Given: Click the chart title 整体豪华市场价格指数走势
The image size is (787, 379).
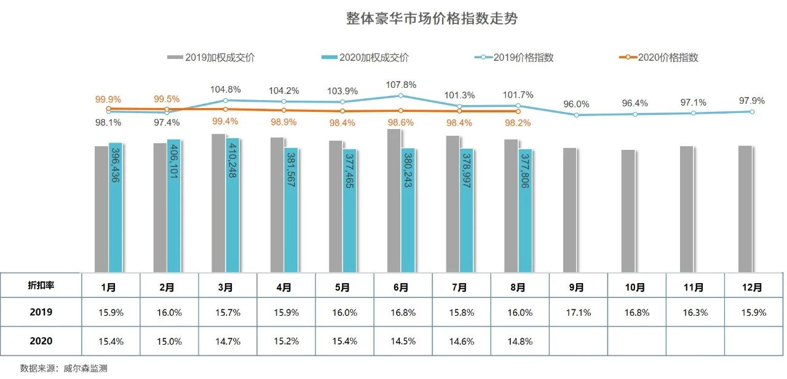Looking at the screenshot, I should coord(432,18).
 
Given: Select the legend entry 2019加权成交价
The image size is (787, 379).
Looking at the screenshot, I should coord(211,58).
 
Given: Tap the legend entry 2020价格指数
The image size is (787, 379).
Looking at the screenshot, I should coord(659,58).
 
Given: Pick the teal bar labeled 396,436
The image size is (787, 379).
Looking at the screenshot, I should coord(116,208).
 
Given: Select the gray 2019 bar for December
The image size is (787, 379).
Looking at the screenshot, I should coord(745,209).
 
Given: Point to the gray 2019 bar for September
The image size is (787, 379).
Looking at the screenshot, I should coord(570,210).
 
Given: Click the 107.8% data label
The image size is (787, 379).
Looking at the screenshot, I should coord(401,85).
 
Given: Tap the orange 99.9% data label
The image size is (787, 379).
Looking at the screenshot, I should coord(108,99).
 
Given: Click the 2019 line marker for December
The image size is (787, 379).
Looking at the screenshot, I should coord(752,112).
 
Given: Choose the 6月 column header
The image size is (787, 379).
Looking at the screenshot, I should coord(401,286).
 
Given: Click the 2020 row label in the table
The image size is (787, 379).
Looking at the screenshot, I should coord(41,341).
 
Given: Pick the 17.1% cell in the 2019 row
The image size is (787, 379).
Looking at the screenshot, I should coord(578,313).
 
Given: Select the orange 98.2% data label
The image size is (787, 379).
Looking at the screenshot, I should coord(518,123).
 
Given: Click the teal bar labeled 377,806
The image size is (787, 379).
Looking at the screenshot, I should coord(525,210).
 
